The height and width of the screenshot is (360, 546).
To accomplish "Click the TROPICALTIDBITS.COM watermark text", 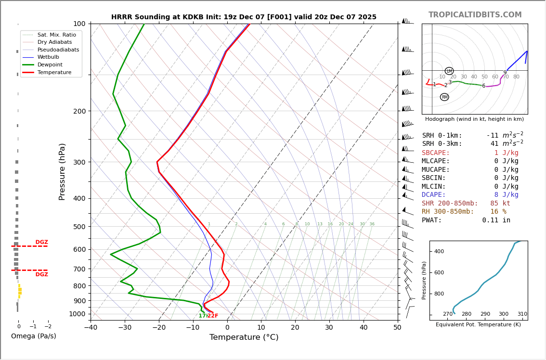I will coord(475,15).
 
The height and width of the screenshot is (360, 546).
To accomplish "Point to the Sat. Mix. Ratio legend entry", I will coord(56,35).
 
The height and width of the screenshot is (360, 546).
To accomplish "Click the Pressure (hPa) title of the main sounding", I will coord(63,171).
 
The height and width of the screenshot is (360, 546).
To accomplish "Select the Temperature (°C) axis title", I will coord(244,337).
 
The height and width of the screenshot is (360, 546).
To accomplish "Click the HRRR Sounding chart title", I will coord(244,17).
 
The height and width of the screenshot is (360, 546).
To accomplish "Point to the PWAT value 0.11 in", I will coord(496,220).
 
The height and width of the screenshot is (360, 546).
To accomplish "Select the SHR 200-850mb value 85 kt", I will coord(500,203).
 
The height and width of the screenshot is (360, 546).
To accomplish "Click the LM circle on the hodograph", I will coord(449,71).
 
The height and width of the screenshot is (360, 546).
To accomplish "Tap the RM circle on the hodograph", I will coord(444,97).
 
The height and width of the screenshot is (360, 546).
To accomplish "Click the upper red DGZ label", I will coord(41,242).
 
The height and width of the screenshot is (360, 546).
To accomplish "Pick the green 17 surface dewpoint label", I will coord(202,316).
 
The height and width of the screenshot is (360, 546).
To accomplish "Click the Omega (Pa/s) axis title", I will coord(34,336).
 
